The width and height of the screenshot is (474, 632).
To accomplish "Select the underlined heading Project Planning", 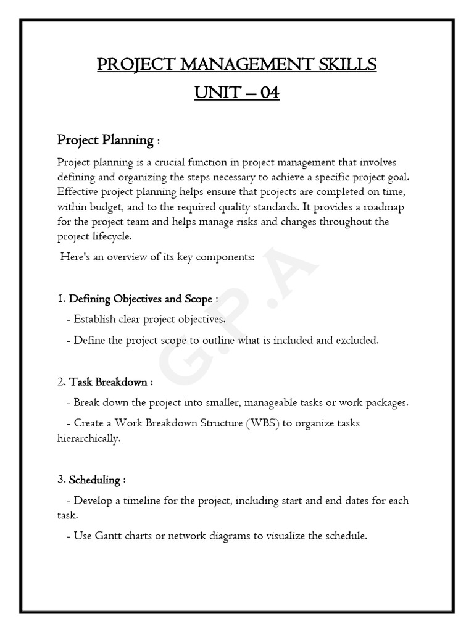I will click(x=105, y=140).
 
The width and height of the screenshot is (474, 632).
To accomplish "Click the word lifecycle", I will click(x=111, y=236).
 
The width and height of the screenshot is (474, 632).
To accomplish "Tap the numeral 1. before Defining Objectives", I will click(x=61, y=299).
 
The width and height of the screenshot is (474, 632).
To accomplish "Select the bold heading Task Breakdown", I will click(x=107, y=382).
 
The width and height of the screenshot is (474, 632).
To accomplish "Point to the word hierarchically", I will click(x=88, y=438).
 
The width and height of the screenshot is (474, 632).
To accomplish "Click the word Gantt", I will click(x=109, y=536).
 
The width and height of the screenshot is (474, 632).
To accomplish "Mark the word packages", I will click(x=385, y=403).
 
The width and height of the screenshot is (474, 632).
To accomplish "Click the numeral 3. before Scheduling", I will click(x=61, y=480).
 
